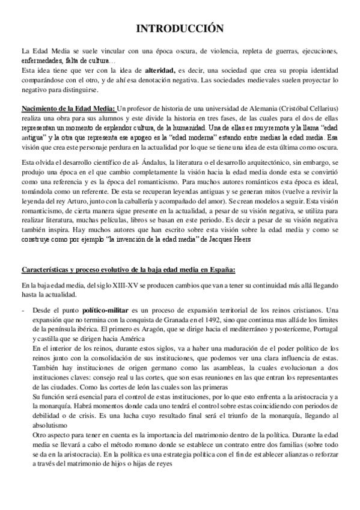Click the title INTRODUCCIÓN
[180, 28]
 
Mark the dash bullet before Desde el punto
[23, 309]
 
